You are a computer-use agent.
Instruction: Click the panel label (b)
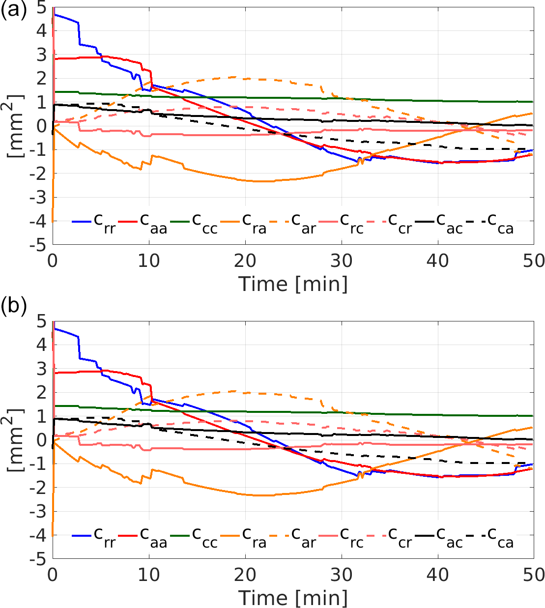(x=13, y=306)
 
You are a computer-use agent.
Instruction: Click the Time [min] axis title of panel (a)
(x=293, y=284)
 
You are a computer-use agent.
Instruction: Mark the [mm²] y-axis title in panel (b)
(x=16, y=440)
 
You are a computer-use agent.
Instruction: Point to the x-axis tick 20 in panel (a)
(x=245, y=261)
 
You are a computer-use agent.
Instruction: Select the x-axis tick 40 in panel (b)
(x=437, y=575)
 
